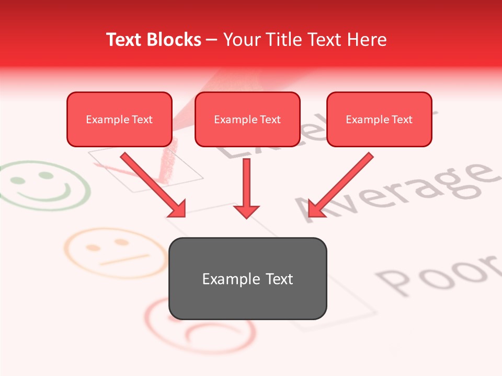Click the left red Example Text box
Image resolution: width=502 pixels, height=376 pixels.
pos(119,119)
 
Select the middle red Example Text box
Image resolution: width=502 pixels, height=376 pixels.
pos(247,119)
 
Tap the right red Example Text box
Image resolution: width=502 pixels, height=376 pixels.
pos(379,119)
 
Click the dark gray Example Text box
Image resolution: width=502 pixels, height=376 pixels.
pos(247,278)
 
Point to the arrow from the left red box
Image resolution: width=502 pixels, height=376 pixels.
pos(153,184)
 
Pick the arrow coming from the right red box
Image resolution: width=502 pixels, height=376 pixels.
pos(341,184)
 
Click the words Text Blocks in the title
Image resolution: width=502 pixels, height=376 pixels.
pos(154,40)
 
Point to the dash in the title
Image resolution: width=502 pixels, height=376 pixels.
pos(212,40)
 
